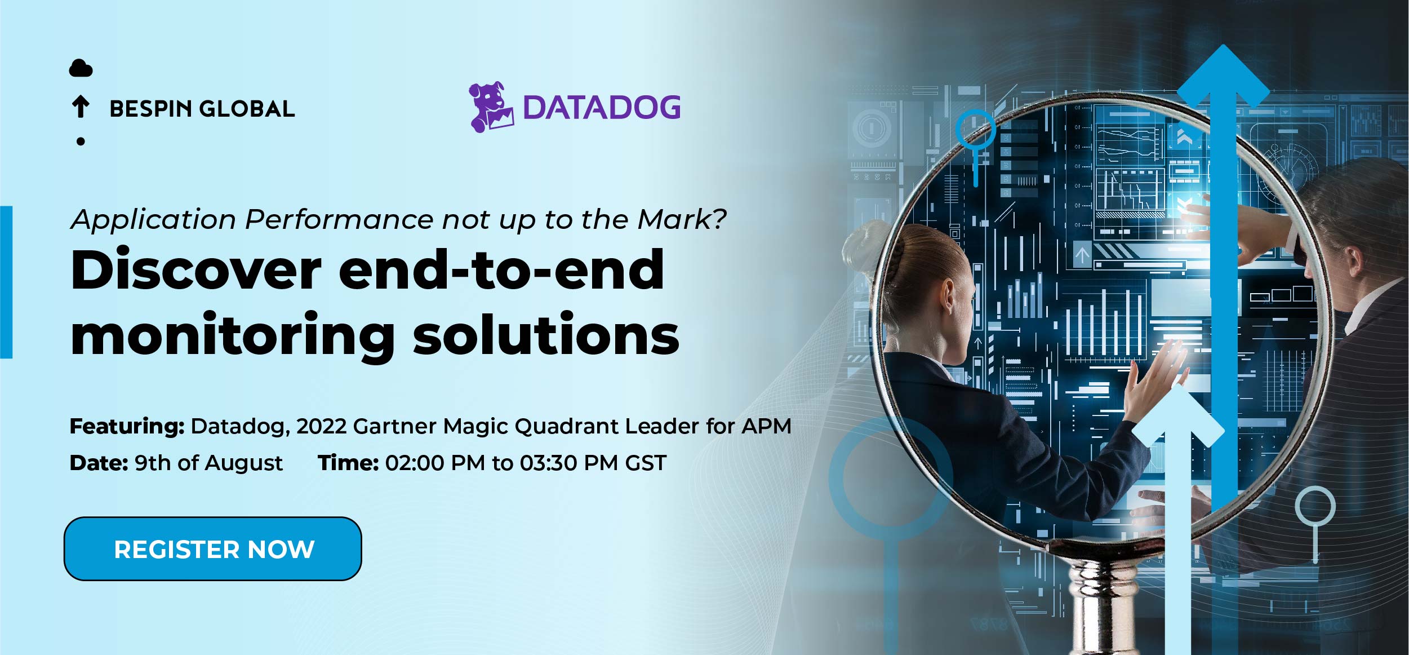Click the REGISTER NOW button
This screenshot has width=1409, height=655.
213,548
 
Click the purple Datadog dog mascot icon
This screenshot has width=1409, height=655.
491,107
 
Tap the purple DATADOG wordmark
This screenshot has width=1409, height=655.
602,108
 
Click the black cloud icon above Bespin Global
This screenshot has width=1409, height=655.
81,68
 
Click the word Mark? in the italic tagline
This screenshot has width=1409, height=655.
682,219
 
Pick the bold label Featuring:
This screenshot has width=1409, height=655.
127,427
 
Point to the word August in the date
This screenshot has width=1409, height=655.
243,463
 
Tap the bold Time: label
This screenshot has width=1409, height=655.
348,463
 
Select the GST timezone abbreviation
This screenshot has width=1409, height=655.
646,463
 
